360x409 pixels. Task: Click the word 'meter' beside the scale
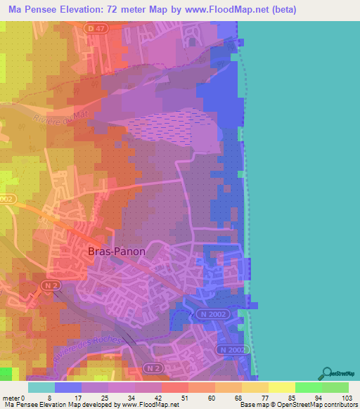(x=13, y=398)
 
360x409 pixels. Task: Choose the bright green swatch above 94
(x=308, y=387)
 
